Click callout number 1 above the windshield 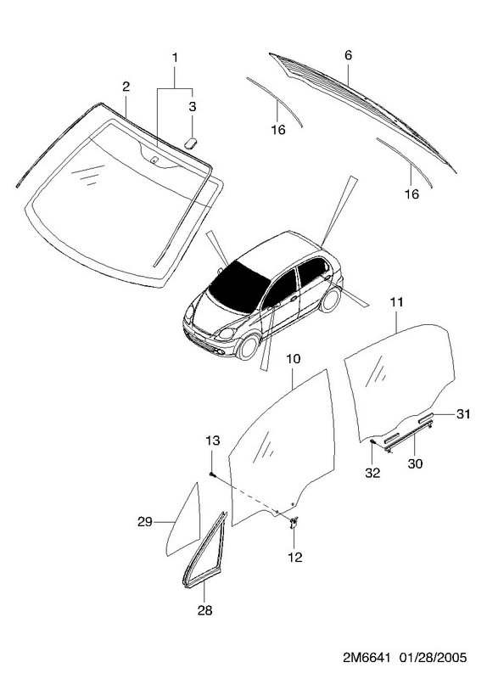[175, 58]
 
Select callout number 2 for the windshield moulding [126, 87]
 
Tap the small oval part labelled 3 [191, 142]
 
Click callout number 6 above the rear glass [349, 55]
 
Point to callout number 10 [293, 359]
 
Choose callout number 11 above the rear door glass [396, 302]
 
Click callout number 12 [294, 558]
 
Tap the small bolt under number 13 [211, 474]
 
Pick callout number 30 [415, 463]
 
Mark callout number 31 [462, 414]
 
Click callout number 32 [372, 473]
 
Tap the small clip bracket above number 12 [294, 522]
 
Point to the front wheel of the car [249, 347]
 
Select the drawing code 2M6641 [364, 658]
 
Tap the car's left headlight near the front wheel [226, 334]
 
